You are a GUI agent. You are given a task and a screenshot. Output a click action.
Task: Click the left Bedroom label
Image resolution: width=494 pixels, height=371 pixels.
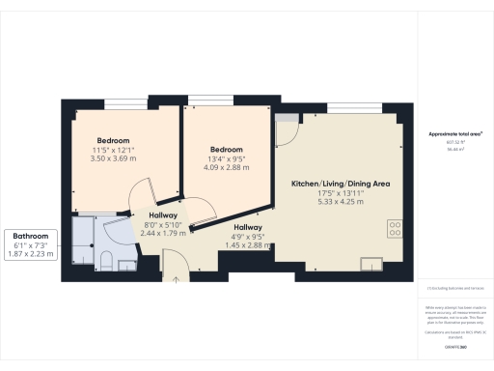113,140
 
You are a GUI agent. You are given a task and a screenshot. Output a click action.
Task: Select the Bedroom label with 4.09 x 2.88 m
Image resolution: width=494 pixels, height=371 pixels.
226,149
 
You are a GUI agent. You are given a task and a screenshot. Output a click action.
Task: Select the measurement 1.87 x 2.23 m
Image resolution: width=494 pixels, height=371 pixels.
31,254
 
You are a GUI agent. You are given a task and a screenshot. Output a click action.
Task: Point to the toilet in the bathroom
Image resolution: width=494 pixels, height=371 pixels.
108,257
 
